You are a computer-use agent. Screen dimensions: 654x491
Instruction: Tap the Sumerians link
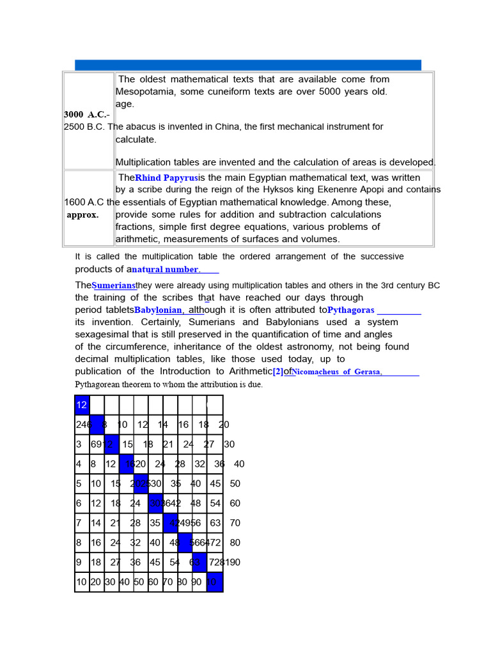[x=114, y=285]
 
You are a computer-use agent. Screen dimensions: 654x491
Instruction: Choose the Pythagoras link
[x=351, y=310]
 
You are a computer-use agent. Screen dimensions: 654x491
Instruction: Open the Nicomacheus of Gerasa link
[x=337, y=372]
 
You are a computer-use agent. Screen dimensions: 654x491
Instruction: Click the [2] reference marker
[x=277, y=372]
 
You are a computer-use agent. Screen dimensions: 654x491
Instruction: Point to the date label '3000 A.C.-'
[x=86, y=114]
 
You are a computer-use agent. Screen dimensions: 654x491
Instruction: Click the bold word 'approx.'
[x=83, y=215]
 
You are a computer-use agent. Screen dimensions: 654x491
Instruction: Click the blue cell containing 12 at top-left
[x=82, y=405]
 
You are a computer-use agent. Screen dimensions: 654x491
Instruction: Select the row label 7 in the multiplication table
[x=79, y=523]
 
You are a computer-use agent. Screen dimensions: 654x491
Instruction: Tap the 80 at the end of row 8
[x=235, y=543]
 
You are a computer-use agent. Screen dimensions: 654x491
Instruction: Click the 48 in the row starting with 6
[x=196, y=503]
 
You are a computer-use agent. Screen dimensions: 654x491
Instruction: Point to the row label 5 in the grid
[x=79, y=483]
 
